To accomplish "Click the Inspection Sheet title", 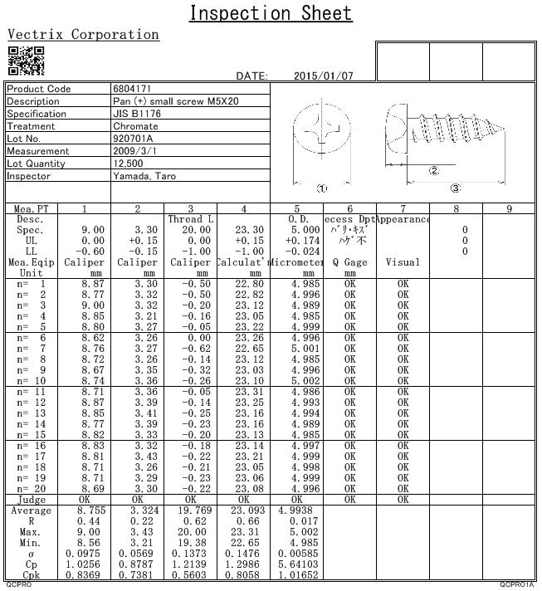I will [x=271, y=13].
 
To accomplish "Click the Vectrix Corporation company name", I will [x=83, y=35].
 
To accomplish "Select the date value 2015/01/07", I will [x=324, y=76].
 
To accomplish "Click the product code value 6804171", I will [x=132, y=89].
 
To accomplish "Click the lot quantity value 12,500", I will [x=129, y=164].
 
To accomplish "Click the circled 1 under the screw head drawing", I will [x=323, y=188].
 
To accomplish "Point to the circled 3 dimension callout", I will [x=455, y=188].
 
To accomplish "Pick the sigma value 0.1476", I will [x=243, y=553].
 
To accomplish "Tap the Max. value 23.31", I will [x=243, y=532].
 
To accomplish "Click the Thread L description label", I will [x=191, y=219].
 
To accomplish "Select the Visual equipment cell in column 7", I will [x=403, y=262].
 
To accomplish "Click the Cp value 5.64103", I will [x=297, y=564].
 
